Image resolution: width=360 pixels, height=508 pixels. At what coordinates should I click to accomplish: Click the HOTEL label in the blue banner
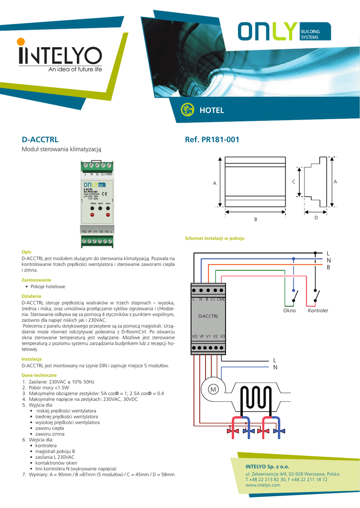click(212, 110)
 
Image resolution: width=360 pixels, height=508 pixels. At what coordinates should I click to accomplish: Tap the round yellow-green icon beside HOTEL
click(187, 110)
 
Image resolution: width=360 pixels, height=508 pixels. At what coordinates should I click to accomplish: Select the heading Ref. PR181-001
click(212, 140)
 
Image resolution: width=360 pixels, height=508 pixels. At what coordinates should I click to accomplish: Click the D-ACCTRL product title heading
click(40, 140)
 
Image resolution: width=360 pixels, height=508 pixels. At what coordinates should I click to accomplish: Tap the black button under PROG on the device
click(92, 209)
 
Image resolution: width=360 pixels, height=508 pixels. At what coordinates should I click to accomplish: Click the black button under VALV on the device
click(108, 209)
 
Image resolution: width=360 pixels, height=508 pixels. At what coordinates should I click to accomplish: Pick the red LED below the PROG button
click(92, 215)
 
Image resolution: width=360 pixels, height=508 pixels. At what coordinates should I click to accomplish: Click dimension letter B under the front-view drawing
click(256, 220)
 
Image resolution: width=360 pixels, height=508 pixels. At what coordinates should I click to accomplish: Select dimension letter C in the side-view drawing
click(294, 183)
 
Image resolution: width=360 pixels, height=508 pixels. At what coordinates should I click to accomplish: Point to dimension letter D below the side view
click(316, 218)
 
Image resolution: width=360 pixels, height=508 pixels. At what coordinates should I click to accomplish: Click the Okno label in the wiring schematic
click(289, 311)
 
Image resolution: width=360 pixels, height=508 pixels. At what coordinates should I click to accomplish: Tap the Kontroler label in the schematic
click(318, 311)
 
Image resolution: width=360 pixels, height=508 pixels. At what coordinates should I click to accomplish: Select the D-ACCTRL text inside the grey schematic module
click(208, 316)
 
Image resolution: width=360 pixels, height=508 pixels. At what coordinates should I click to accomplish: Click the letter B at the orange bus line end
click(328, 268)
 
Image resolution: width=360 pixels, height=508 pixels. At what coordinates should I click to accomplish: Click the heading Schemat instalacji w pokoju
click(215, 239)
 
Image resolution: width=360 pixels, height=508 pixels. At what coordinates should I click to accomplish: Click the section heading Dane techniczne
click(39, 375)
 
